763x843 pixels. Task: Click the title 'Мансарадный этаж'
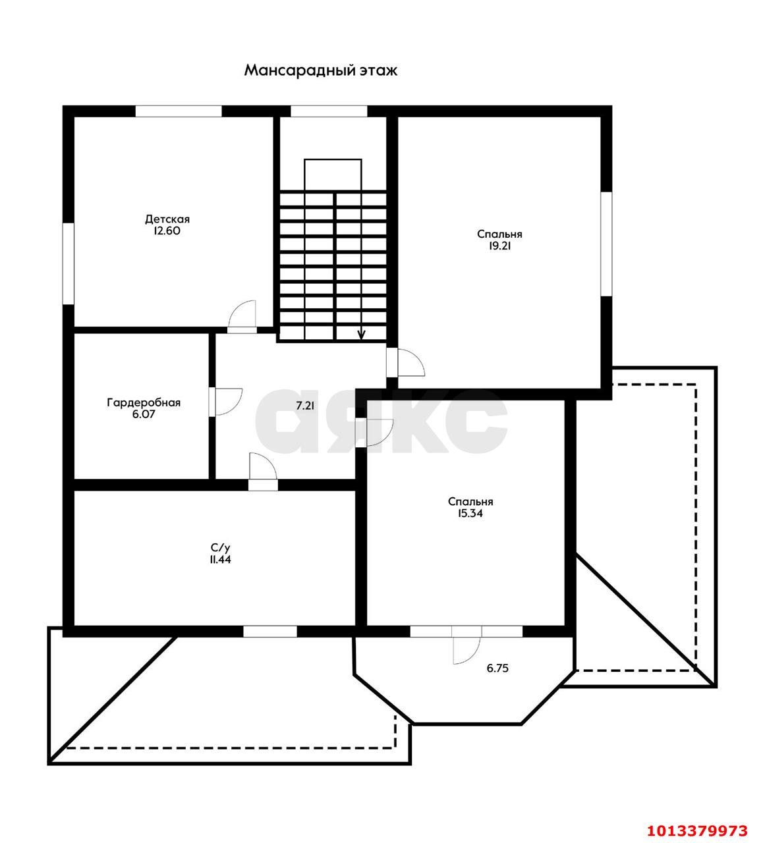pos(320,70)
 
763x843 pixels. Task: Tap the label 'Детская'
pos(167,219)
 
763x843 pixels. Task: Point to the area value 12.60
pos(167,231)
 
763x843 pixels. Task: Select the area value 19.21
pos(499,246)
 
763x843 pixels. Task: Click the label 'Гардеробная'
pos(144,402)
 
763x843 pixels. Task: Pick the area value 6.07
pos(144,414)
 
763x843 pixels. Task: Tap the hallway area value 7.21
pos(305,406)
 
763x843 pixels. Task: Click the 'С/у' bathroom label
pos(221,547)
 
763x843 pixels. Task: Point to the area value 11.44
pos(221,560)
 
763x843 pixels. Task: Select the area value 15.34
pos(470,513)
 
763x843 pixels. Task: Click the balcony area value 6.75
pos(497,668)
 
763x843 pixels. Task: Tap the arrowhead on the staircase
pos(361,335)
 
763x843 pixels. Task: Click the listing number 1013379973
pos(697,830)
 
